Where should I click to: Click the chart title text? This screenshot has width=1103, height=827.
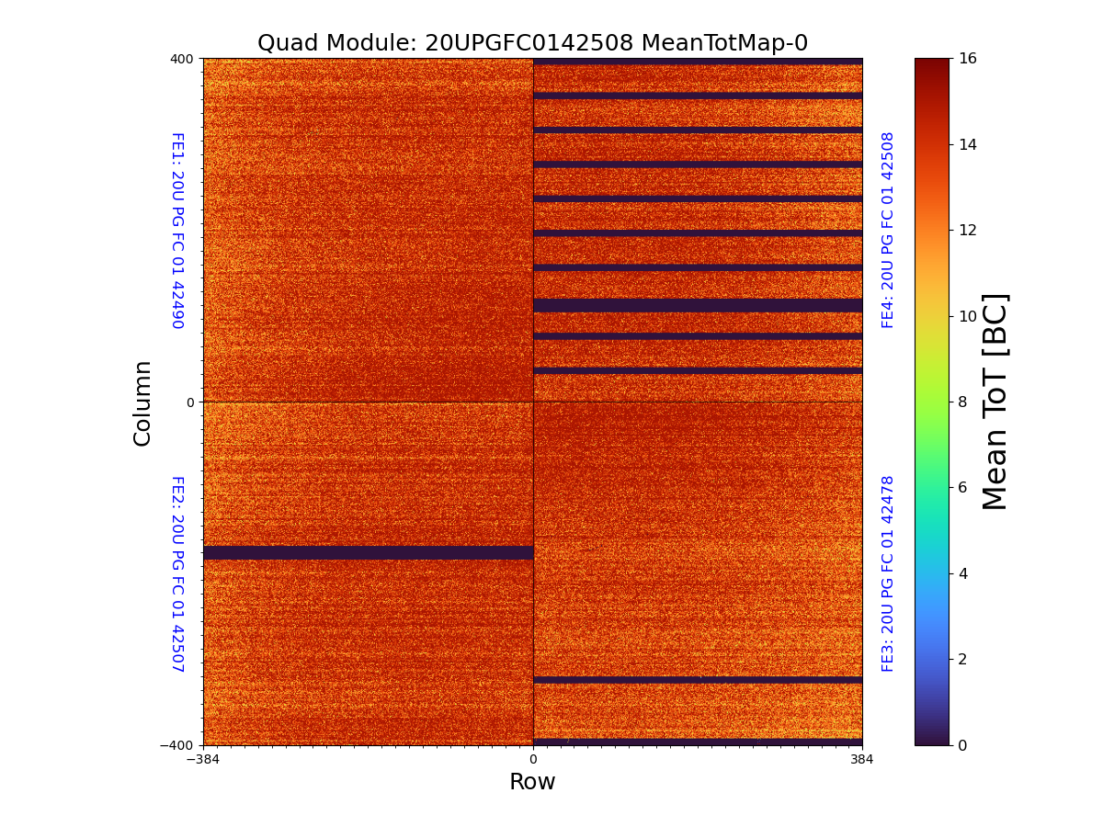point(532,43)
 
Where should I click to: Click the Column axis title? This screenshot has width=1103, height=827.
point(142,402)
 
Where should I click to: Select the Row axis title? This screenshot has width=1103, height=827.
point(532,782)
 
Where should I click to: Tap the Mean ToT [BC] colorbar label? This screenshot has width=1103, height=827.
point(995,402)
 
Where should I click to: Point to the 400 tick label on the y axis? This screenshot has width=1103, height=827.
point(182,59)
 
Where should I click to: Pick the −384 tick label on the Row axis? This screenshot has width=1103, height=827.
point(203,760)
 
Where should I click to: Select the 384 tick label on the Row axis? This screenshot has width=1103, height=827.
point(862,760)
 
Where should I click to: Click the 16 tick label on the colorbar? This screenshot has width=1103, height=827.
point(968,59)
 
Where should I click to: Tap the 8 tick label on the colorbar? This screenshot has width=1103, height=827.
point(963,402)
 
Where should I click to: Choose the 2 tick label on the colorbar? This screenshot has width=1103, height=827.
point(963,659)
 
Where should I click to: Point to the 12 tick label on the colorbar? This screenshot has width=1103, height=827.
point(968,230)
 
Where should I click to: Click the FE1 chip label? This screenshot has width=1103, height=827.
point(176,230)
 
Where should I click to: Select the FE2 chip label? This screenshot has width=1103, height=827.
point(176,573)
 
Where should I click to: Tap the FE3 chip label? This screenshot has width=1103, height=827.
point(888,573)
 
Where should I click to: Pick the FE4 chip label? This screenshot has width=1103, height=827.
point(888,230)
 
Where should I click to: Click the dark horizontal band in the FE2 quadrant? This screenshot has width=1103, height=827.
point(368,552)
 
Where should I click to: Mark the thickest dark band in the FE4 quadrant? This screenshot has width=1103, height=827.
point(698,305)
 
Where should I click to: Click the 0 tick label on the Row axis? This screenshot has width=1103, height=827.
point(532,760)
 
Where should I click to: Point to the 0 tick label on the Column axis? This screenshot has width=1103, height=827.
point(189,402)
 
